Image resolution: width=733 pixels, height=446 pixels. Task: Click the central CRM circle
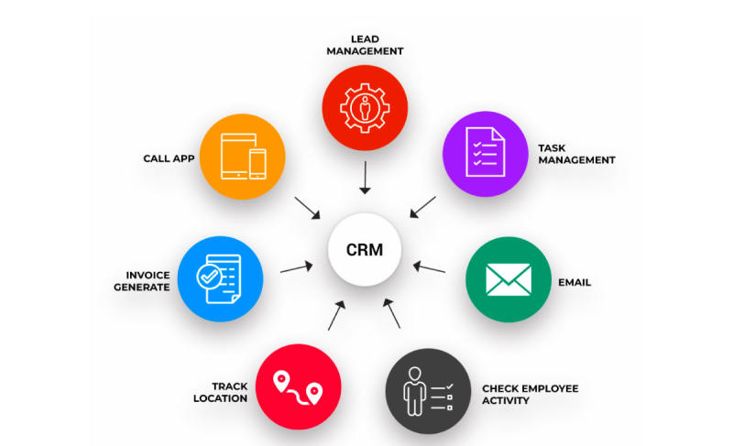pos(365,249)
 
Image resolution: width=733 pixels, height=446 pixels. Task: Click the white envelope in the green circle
pos(508,281)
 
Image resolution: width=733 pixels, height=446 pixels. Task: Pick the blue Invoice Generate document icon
pos(221,278)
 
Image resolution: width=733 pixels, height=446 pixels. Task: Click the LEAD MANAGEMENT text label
pos(365,45)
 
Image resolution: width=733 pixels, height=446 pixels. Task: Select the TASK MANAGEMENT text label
pos(576,154)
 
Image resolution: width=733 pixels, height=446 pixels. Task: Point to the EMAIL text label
pos(574,282)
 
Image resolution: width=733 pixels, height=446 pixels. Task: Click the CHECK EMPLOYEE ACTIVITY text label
pos(531,394)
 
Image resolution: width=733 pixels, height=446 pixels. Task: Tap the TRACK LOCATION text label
pos(220,392)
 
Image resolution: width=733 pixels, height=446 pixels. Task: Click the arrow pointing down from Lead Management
pos(365,178)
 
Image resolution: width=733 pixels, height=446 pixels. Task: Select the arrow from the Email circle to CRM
pos(429,267)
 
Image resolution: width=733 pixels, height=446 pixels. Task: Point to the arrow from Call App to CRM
pos(308,207)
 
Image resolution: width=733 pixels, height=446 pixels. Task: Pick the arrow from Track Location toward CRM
pos(335,315)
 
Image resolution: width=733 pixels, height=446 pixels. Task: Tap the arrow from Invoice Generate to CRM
pos(297,267)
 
